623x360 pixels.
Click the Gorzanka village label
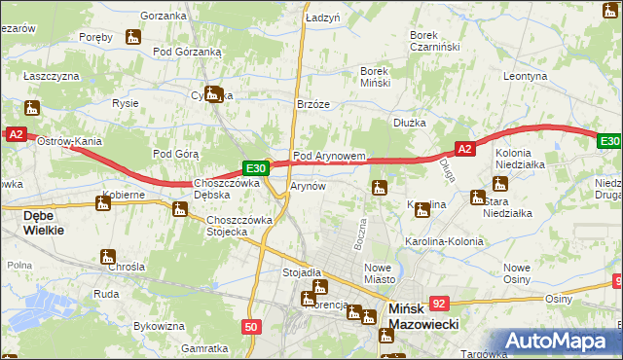pos(163,16)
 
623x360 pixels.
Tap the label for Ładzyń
pos(322,18)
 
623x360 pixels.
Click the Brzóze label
pos(313,105)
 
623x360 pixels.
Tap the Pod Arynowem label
pos(329,156)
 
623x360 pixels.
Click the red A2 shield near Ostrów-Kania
pos(15,135)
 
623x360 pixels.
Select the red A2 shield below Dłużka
pos(464,149)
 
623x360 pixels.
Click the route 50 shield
pos(251,328)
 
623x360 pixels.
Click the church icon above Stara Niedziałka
pos(477,198)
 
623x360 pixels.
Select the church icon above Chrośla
pos(108,257)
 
